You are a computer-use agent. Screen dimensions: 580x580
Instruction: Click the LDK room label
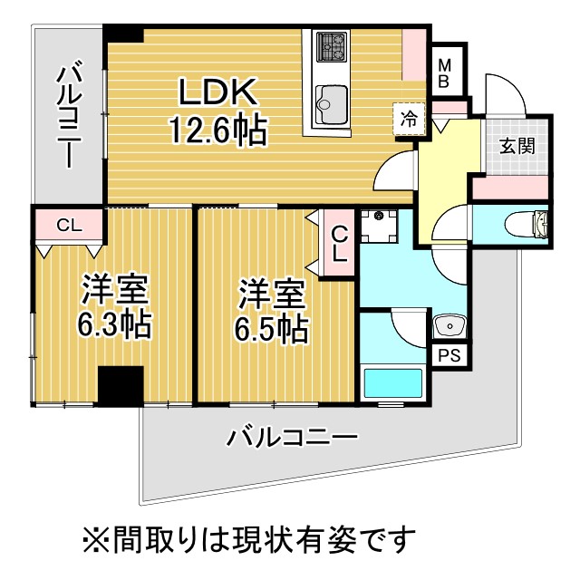pos(217,92)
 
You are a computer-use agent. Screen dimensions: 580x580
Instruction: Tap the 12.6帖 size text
pos(217,131)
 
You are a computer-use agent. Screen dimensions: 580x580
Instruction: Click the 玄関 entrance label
pos(517,145)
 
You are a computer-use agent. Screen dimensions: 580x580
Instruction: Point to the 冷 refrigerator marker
pos(410,118)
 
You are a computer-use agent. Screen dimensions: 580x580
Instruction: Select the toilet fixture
pos(534,225)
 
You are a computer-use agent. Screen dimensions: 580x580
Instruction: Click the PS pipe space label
pos(449,355)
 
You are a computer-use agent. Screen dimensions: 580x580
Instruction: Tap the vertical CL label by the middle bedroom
pos(338,242)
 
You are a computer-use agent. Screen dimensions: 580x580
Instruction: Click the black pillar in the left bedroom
pos(120,386)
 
